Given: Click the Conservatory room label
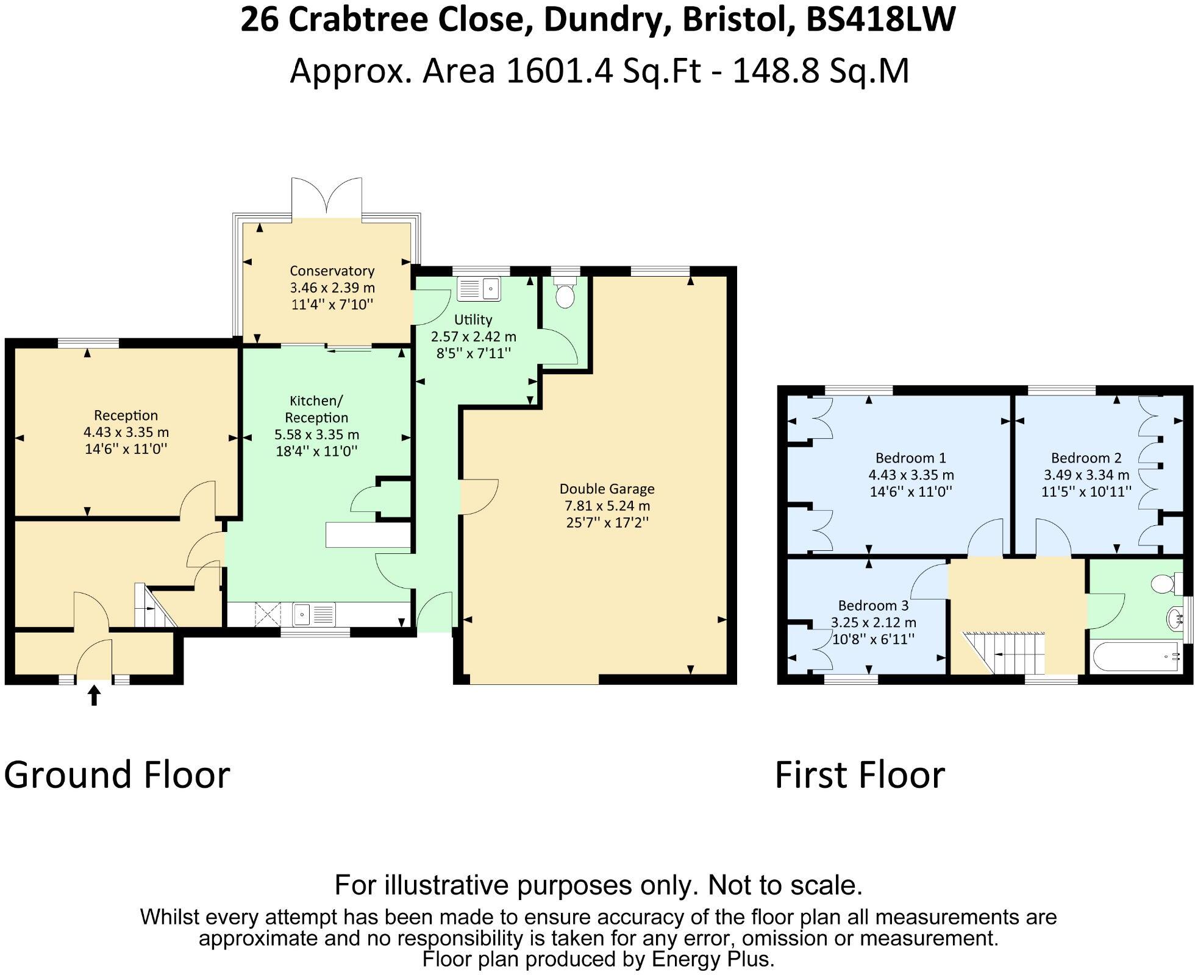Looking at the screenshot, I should click(332, 271).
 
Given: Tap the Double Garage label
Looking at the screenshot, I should click(607, 489).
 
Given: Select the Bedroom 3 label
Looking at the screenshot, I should click(873, 605).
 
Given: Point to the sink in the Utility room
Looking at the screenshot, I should click(479, 288).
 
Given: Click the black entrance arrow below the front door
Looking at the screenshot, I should click(94, 695).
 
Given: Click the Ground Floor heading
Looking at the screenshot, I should click(117, 775).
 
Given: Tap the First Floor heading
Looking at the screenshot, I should click(860, 775).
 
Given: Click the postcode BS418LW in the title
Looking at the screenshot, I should click(880, 19).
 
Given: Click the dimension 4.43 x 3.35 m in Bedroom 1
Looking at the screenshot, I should click(911, 475).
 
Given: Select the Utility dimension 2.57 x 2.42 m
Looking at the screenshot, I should click(473, 336).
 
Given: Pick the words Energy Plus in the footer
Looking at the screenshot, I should click(713, 959).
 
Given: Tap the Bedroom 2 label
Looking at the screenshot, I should click(1086, 458).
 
